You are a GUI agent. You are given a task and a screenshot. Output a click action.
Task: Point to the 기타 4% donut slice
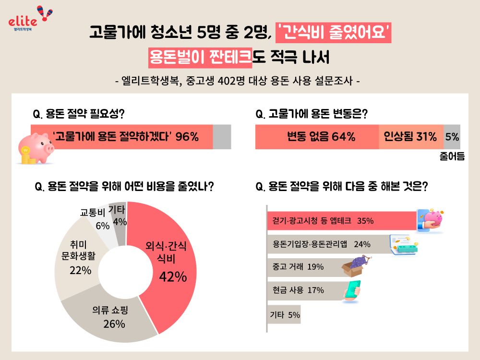click(x=119, y=216)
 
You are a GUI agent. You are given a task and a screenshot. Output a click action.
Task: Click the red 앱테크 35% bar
click(x=341, y=221)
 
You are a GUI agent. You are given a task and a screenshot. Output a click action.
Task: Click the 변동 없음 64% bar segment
click(x=317, y=137)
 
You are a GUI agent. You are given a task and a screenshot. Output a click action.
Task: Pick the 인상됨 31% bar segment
click(x=411, y=137)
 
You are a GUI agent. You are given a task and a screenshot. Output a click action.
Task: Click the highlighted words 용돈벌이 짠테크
click(x=200, y=58)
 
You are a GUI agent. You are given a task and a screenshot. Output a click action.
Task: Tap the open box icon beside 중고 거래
click(x=356, y=267)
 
